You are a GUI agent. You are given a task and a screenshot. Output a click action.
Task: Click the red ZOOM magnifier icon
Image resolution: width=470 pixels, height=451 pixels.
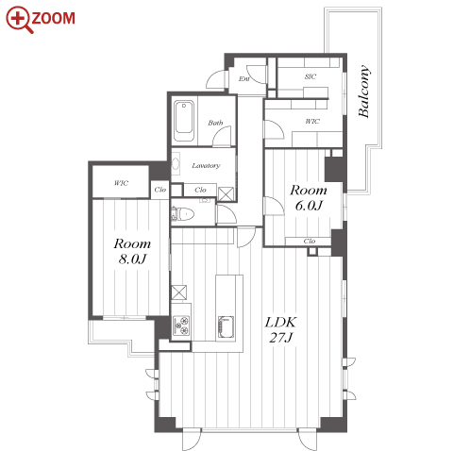click(19, 20)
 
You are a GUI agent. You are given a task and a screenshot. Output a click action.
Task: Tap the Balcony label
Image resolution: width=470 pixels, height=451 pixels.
click(364, 92)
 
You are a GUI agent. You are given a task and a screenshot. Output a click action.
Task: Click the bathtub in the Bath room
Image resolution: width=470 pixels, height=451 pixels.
click(184, 121)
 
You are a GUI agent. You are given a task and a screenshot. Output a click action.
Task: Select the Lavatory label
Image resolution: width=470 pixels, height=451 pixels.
click(206, 165)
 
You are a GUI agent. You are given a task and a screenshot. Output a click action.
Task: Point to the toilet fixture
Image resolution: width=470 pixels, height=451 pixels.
click(182, 214)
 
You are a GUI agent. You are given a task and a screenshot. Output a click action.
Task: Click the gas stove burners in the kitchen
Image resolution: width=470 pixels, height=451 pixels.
click(181, 326)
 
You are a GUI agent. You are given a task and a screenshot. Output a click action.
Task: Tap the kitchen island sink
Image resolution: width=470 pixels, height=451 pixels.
click(226, 327)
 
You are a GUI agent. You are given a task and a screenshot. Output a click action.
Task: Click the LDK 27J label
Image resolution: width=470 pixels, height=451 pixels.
click(281, 330)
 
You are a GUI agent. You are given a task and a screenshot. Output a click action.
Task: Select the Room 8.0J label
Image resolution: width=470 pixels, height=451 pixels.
click(132, 251)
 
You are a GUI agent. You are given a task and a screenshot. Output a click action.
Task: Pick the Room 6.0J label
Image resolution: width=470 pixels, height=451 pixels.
click(309, 198)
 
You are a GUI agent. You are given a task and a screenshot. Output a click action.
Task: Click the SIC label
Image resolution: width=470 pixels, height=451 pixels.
click(311, 76)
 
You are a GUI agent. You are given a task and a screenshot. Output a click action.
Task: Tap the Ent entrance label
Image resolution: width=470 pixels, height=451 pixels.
click(243, 78)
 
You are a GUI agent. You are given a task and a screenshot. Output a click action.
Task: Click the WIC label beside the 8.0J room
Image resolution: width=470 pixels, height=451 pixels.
click(121, 183)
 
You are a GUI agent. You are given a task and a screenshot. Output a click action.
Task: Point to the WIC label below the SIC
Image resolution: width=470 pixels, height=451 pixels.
click(312, 121)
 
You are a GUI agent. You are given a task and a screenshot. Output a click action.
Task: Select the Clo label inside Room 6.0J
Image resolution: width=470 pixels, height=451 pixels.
click(310, 241)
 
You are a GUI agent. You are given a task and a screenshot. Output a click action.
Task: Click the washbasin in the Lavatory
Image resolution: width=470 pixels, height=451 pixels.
click(176, 164)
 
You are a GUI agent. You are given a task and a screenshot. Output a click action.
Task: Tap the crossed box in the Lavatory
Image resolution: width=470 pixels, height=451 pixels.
click(226, 194)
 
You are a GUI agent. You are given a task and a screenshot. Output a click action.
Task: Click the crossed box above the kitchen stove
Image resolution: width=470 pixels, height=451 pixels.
click(178, 292)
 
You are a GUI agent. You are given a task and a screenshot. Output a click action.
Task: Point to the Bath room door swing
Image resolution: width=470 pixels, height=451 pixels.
click(222, 136)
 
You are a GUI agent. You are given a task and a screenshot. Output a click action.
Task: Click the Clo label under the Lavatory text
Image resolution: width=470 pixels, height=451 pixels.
click(200, 190)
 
